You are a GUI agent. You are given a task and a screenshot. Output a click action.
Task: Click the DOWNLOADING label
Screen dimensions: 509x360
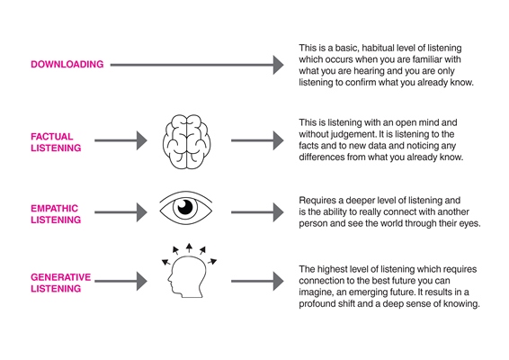pos(67,64)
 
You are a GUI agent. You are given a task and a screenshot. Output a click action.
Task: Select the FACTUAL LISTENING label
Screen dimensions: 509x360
pos(56,142)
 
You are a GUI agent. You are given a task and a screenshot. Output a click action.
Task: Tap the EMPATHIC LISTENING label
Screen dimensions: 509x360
pos(56,214)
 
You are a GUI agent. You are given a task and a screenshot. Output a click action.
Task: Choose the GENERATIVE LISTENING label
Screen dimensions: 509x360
pos(61,283)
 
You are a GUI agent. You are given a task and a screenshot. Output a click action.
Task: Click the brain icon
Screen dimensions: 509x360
pos(186,141)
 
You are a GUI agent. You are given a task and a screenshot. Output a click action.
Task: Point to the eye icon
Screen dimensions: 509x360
pos(185,208)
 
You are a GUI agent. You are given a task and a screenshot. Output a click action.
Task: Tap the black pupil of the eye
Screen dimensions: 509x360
pos(185,207)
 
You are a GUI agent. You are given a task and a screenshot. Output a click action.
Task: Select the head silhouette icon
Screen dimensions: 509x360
pos(187,277)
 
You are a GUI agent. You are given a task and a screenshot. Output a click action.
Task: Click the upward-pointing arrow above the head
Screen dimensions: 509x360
pos(189,247)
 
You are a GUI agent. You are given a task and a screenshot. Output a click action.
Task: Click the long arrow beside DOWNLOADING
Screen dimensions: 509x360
pos(197,65)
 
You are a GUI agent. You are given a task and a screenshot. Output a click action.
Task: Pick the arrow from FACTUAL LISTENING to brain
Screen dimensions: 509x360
pos(121,140)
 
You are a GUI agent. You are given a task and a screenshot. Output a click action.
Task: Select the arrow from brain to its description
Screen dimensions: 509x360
pos(257,140)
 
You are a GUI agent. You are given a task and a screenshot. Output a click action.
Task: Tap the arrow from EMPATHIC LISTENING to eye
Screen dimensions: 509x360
pos(121,212)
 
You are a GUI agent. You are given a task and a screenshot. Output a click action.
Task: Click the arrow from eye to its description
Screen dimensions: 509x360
pos(257,212)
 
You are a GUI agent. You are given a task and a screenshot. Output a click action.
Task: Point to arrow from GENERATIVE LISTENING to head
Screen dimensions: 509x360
pos(121,282)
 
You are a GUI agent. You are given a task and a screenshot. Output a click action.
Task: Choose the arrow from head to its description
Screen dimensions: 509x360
pos(257,282)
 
